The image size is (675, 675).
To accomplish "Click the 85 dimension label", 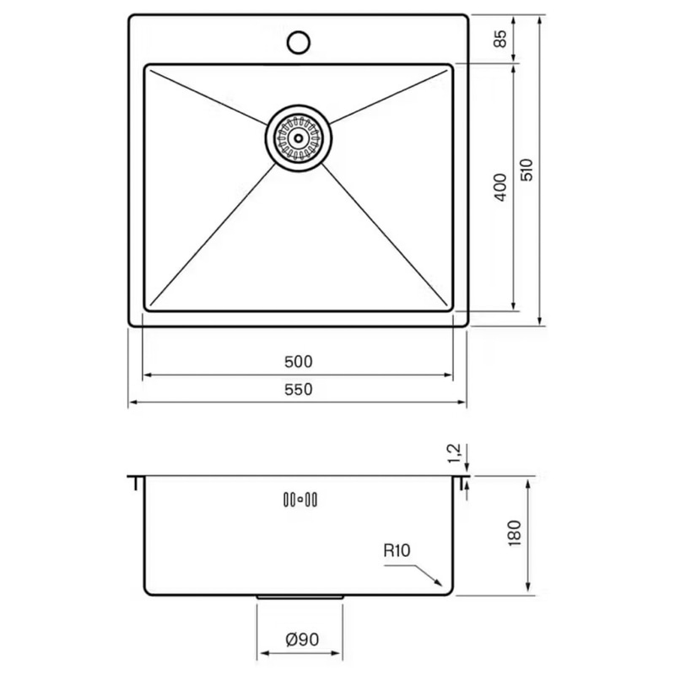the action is [x=500, y=39].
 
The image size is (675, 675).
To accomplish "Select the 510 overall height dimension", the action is [x=526, y=170].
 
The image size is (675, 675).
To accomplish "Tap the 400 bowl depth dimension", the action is [x=500, y=186].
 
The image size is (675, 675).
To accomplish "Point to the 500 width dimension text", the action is [x=299, y=362].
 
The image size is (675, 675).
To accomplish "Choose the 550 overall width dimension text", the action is [x=299, y=389].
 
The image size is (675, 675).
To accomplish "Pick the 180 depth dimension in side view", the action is [x=515, y=533].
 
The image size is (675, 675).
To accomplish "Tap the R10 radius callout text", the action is [x=397, y=551].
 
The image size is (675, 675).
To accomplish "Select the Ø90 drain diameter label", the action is [x=302, y=640].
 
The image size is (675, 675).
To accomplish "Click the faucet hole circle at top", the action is [x=299, y=41].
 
